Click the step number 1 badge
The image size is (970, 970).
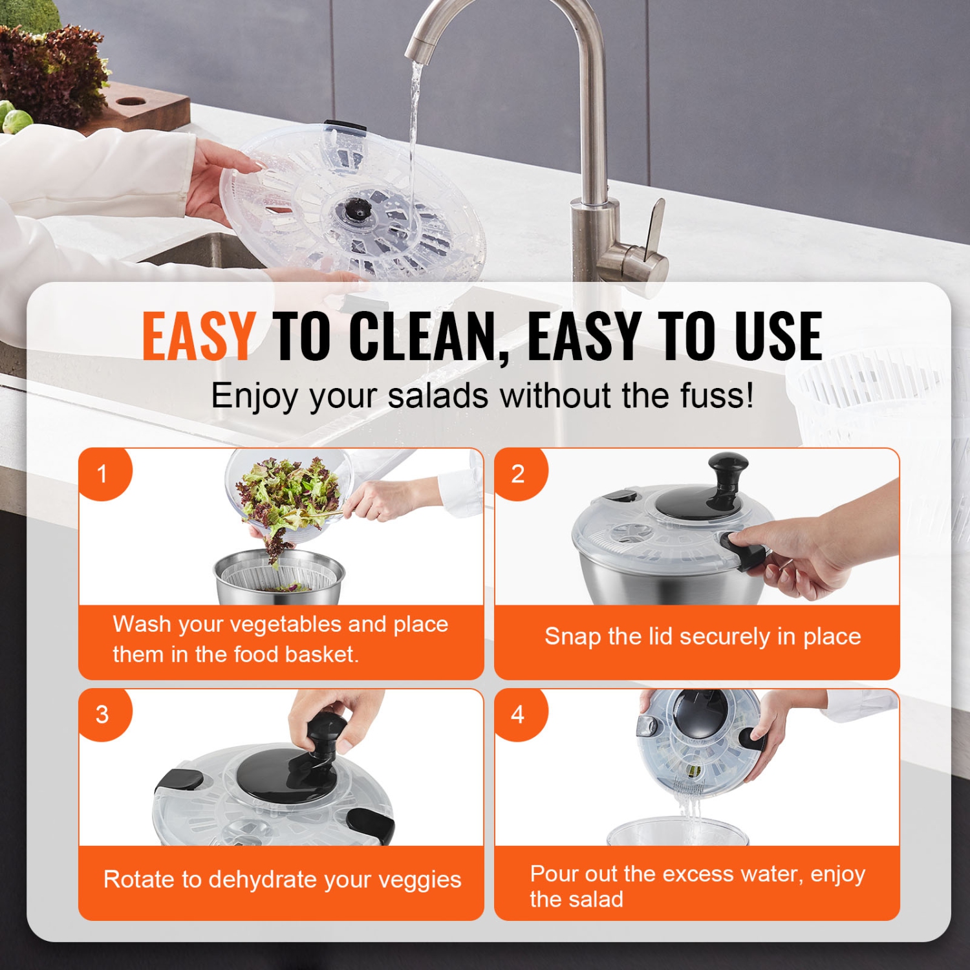pyautogui.click(x=102, y=474)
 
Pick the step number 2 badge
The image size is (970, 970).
pyautogui.click(x=518, y=474)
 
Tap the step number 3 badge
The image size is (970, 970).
pyautogui.click(x=102, y=715)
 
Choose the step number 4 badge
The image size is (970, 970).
pyautogui.click(x=518, y=715)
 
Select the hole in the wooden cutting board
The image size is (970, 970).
pyautogui.click(x=132, y=102)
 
